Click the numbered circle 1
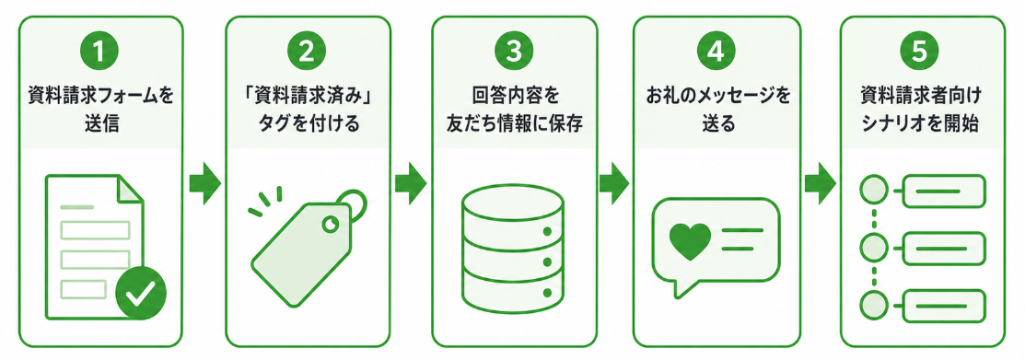click(100, 53)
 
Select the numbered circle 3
click(514, 53)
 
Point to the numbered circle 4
click(716, 53)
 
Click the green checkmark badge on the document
click(141, 293)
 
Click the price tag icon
click(308, 246)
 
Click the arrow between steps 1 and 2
click(204, 183)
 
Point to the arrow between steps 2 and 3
click(411, 183)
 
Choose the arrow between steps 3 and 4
click(614, 183)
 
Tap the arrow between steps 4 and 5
click(820, 183)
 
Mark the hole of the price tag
click(331, 224)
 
